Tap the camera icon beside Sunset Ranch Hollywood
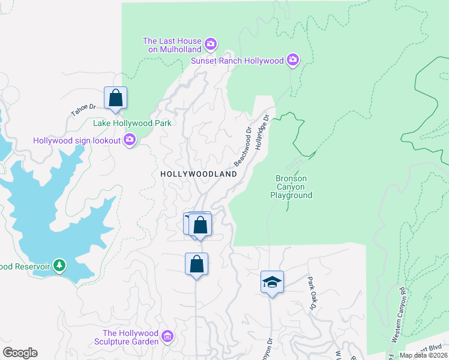pyautogui.click(x=293, y=59)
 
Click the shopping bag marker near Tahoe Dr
pyautogui.click(x=115, y=98)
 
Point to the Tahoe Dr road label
pyautogui.click(x=83, y=110)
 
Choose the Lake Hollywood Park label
pyautogui.click(x=132, y=123)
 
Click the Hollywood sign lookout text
pyautogui.click(x=76, y=140)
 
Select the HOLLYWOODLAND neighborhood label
pyautogui.click(x=199, y=173)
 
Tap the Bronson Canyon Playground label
pyautogui.click(x=291, y=187)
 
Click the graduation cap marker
pyautogui.click(x=272, y=281)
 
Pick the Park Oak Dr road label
pyautogui.click(x=312, y=293)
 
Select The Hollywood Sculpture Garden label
pyautogui.click(x=130, y=337)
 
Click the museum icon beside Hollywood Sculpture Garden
pyautogui.click(x=168, y=337)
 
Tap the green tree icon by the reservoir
pyautogui.click(x=59, y=265)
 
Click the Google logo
pyautogui.click(x=20, y=353)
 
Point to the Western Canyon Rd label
pyautogui.click(x=399, y=314)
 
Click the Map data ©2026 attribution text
pyautogui.click(x=423, y=355)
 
